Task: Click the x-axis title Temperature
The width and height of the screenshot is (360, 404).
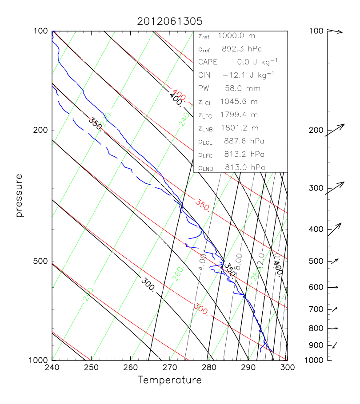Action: coord(169,380)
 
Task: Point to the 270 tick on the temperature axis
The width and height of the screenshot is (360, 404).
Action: coord(169,368)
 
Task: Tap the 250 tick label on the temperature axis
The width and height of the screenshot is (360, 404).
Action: coord(91,368)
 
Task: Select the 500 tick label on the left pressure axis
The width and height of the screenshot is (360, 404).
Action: coord(41,261)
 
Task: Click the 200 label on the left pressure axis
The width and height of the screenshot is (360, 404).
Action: coord(41,130)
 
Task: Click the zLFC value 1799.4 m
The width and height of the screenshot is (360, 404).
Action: coord(239,115)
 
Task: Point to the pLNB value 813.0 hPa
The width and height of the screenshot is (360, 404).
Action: coord(243,168)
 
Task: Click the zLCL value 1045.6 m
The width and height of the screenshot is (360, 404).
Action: coord(239,102)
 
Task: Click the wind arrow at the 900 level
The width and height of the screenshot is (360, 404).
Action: coord(334,345)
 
